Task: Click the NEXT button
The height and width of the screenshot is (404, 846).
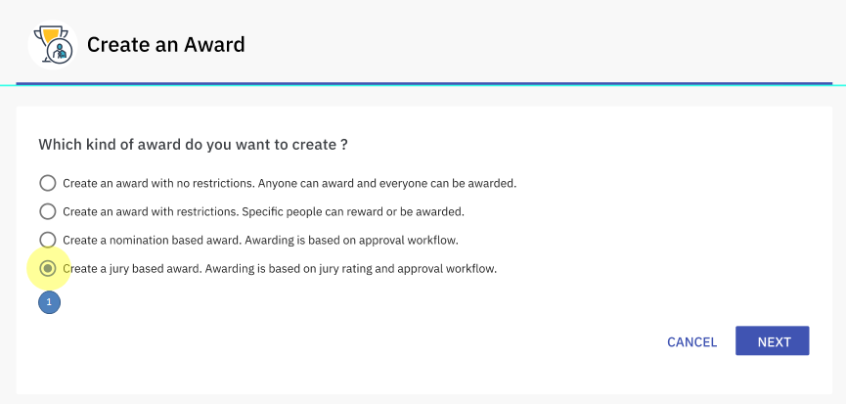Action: [x=772, y=340]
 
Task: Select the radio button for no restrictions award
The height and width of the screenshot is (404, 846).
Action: [x=48, y=183]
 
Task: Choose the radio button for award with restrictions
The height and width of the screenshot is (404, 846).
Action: [x=48, y=211]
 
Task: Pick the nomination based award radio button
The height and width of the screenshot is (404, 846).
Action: [x=48, y=240]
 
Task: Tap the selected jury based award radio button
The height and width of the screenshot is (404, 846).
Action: [x=48, y=268]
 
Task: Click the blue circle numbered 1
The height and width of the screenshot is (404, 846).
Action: [x=49, y=302]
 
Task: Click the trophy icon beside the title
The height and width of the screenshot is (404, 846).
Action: [x=53, y=45]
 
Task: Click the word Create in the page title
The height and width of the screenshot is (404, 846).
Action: [x=118, y=44]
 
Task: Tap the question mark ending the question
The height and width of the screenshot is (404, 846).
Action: [x=344, y=145]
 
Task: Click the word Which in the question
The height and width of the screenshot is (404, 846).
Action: [x=60, y=145]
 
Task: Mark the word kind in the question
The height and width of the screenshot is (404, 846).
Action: [x=97, y=145]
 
